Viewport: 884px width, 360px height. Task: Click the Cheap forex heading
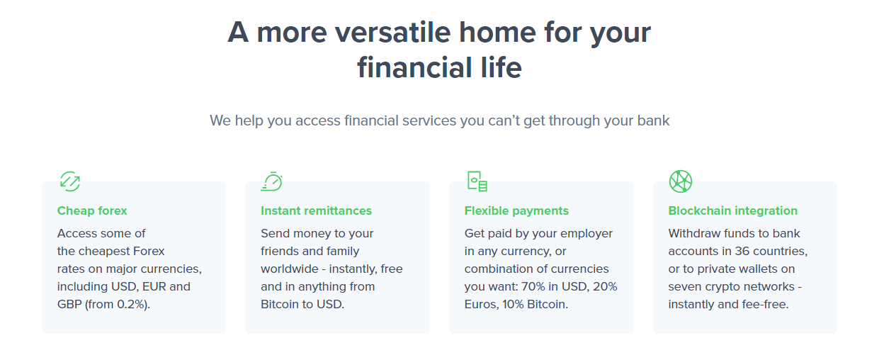point(92,210)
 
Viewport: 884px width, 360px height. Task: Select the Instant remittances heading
point(316,210)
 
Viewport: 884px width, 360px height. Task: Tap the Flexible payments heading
point(516,211)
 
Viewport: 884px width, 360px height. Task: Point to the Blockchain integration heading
point(733,211)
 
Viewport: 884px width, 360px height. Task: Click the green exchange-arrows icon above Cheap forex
point(70,181)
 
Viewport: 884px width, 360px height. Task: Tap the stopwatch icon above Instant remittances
point(272,181)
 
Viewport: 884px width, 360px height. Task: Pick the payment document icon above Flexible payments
point(477,181)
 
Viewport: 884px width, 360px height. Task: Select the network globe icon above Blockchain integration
point(681,181)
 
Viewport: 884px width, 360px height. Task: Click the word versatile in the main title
point(393,33)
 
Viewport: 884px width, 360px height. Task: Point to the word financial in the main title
point(414,67)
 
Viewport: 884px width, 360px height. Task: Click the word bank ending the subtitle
point(653,120)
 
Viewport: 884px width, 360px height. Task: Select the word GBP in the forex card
point(69,304)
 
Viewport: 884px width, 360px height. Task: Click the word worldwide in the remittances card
point(290,269)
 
